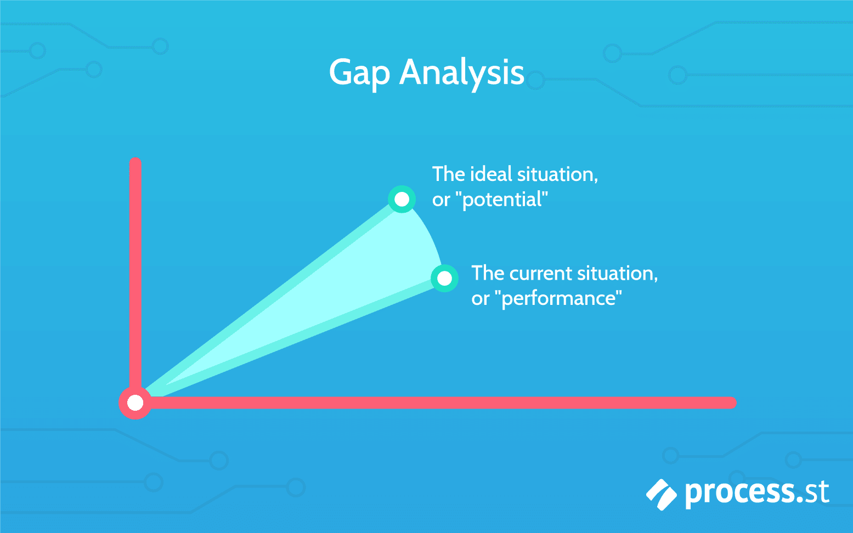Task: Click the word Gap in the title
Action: pos(359,73)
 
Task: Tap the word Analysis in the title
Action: pos(462,73)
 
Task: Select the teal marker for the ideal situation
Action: pos(402,199)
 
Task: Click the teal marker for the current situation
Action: pos(444,279)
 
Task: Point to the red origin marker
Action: pos(135,403)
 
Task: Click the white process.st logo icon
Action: pos(661,494)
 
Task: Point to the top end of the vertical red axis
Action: pos(135,163)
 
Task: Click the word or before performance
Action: pos(480,299)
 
